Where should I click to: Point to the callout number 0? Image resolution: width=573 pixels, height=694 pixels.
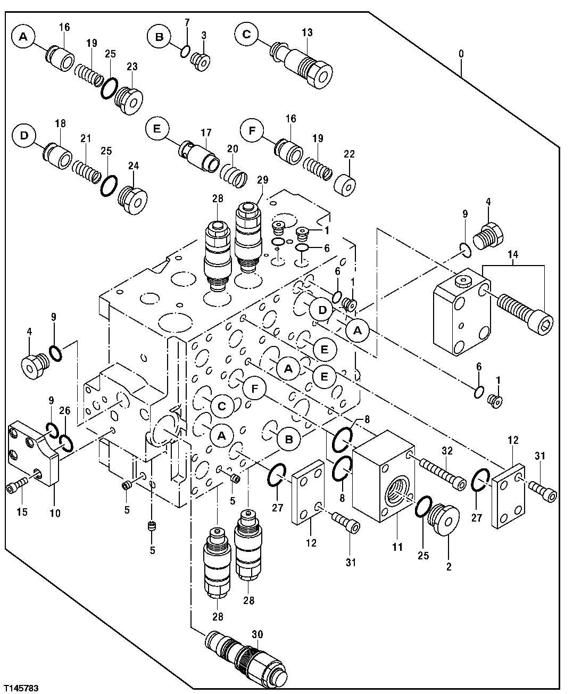(x=461, y=54)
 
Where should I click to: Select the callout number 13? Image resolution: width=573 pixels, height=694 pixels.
(x=307, y=32)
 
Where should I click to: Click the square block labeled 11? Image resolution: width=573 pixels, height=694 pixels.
(x=382, y=478)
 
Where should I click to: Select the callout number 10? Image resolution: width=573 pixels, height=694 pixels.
(x=55, y=514)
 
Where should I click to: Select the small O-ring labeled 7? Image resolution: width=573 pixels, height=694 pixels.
(x=185, y=51)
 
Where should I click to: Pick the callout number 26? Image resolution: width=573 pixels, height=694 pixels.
(x=65, y=410)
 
